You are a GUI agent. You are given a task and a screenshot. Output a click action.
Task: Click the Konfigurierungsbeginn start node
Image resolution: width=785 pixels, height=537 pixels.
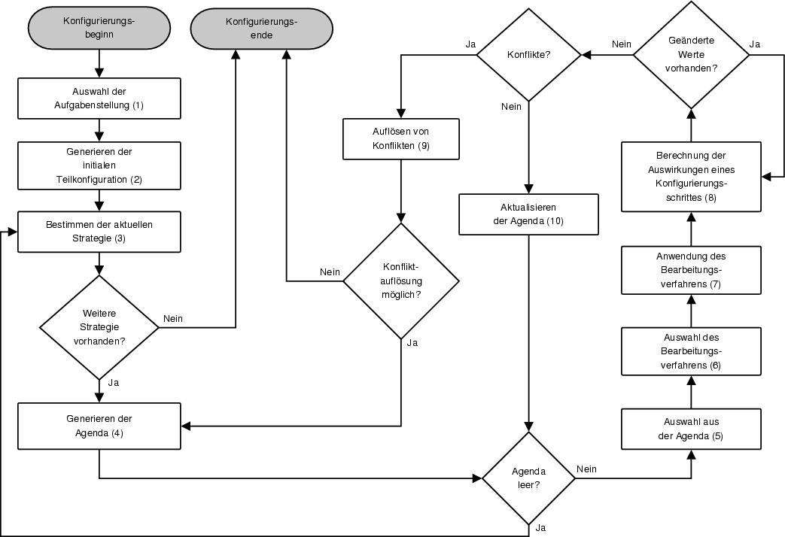point(99,28)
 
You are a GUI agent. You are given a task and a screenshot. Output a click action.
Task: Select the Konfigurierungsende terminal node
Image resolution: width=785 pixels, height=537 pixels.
point(261,28)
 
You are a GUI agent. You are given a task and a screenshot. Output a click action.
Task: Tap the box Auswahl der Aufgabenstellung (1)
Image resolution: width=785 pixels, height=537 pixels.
point(99,99)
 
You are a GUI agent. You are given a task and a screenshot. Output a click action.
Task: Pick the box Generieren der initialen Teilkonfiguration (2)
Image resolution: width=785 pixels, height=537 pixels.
point(99,165)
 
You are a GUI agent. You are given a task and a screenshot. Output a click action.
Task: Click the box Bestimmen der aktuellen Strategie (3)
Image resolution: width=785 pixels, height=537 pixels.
point(99,232)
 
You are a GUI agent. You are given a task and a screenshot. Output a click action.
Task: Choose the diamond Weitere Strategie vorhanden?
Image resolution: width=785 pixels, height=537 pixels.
point(99,327)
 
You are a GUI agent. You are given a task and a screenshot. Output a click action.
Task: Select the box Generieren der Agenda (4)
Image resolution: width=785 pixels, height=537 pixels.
point(99,426)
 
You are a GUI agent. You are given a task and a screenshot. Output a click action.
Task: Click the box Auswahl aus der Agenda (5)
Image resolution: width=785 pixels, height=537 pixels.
point(692,429)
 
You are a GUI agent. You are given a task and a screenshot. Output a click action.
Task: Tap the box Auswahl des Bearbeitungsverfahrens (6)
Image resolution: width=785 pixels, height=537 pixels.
point(692,351)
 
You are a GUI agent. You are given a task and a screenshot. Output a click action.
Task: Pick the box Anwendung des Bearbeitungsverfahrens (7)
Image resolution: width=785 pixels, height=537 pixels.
point(692,270)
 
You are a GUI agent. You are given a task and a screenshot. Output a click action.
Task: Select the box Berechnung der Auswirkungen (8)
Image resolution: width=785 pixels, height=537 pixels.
point(692,177)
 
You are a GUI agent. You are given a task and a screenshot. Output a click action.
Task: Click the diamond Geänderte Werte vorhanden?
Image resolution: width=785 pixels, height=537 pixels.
point(692,55)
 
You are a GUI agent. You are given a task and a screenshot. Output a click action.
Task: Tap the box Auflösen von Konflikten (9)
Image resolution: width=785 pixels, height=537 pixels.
point(400,138)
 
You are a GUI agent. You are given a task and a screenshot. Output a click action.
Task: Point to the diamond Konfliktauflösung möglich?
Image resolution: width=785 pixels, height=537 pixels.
point(400,281)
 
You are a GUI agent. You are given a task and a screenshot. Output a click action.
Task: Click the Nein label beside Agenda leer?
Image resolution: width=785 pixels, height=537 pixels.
point(586,469)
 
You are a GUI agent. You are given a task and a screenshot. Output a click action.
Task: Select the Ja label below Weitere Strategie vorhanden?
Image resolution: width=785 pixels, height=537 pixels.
point(114,382)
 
